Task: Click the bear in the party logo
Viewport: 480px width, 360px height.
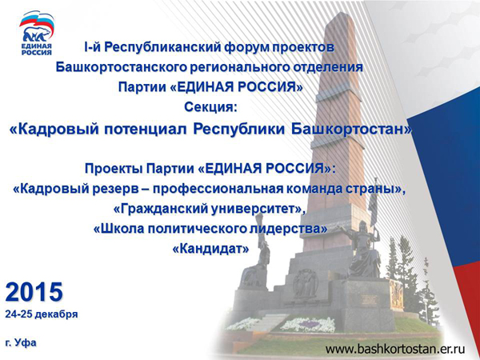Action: coord(36,34)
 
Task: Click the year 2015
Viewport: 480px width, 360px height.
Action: coord(34,292)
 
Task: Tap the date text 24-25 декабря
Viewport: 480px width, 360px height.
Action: coord(42,314)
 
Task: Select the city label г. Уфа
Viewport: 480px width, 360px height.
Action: coord(21,342)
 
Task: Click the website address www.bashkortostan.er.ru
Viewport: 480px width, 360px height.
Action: coord(395,349)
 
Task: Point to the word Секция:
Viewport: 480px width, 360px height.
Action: coord(210,107)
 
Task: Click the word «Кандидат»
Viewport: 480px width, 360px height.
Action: coord(210,249)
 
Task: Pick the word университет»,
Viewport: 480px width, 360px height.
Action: coord(258,209)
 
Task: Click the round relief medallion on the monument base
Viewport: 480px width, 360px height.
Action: coord(306,283)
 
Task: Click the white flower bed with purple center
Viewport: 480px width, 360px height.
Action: coord(308,325)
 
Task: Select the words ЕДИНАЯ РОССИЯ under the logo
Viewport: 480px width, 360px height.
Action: coord(37,49)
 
